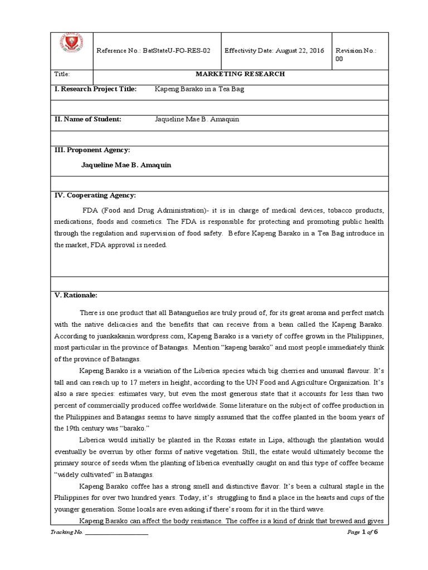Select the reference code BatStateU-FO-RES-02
coord(178,51)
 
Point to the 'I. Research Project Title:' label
coord(95,89)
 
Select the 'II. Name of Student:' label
coord(87,119)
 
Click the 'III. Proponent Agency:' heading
coord(92,150)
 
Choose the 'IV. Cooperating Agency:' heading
coord(95,195)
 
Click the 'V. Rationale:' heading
coord(76,295)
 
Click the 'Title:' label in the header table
coord(61,75)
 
